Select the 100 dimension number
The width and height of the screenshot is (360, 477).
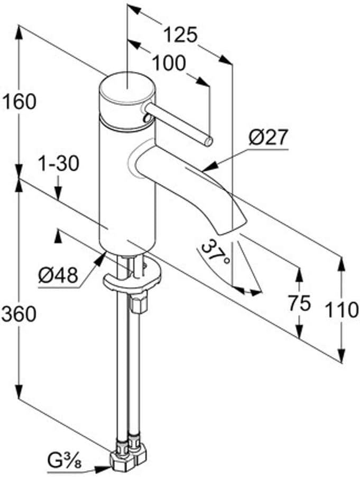[x=169, y=63]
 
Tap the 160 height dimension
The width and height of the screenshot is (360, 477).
[x=19, y=102]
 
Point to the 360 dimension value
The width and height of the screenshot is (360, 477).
[x=19, y=314]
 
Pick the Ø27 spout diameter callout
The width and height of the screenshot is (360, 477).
[x=267, y=137]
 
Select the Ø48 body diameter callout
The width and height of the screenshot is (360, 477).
[x=58, y=276]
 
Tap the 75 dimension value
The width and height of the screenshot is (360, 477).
[x=300, y=304]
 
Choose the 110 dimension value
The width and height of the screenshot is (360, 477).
[x=341, y=310]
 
